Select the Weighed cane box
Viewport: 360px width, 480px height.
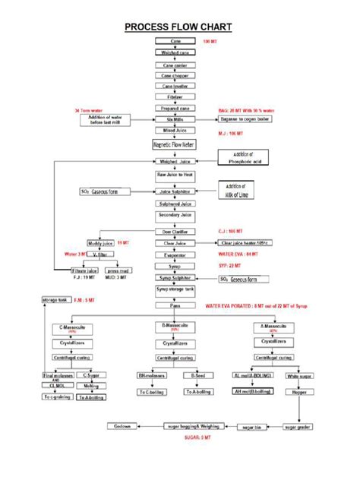point(175,52)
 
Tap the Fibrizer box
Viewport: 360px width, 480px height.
point(175,96)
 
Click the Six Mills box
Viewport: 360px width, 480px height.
point(175,120)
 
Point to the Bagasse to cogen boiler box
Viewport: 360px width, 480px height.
point(244,120)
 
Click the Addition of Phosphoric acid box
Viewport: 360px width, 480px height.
point(245,157)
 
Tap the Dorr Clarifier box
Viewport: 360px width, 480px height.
point(175,232)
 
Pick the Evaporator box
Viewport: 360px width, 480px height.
point(175,255)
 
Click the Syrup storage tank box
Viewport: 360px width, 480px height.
point(175,289)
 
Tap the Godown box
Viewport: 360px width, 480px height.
point(122,427)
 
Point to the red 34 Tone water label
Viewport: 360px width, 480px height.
point(90,111)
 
